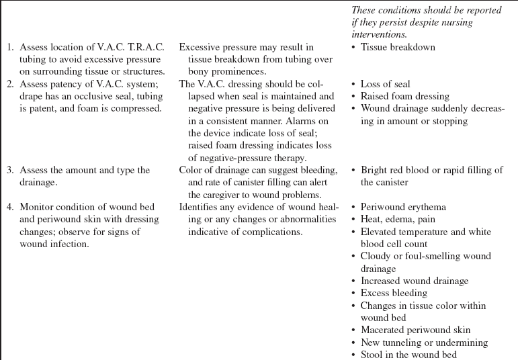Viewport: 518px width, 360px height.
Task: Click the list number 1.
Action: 9,48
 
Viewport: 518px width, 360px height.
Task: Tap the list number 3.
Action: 9,170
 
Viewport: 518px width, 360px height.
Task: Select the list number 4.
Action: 9,207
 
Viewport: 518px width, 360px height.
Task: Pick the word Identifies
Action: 200,207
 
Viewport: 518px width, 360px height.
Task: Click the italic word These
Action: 364,9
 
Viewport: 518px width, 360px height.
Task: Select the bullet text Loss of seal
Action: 386,84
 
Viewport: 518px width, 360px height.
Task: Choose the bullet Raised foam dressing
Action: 405,96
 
